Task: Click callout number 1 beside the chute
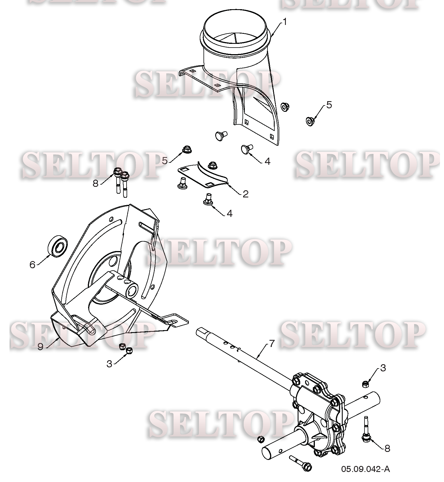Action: (x=285, y=22)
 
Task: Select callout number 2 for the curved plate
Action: (x=245, y=194)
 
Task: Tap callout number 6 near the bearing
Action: (x=32, y=264)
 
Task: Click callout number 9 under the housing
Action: (x=40, y=347)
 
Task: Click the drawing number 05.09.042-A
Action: (x=365, y=469)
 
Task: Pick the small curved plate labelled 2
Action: (x=203, y=175)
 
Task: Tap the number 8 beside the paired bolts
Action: (x=96, y=183)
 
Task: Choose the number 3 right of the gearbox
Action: (x=383, y=368)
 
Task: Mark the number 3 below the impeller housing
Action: (x=109, y=364)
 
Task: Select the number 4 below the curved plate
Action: (x=230, y=213)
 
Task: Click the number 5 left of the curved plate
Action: (x=164, y=161)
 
